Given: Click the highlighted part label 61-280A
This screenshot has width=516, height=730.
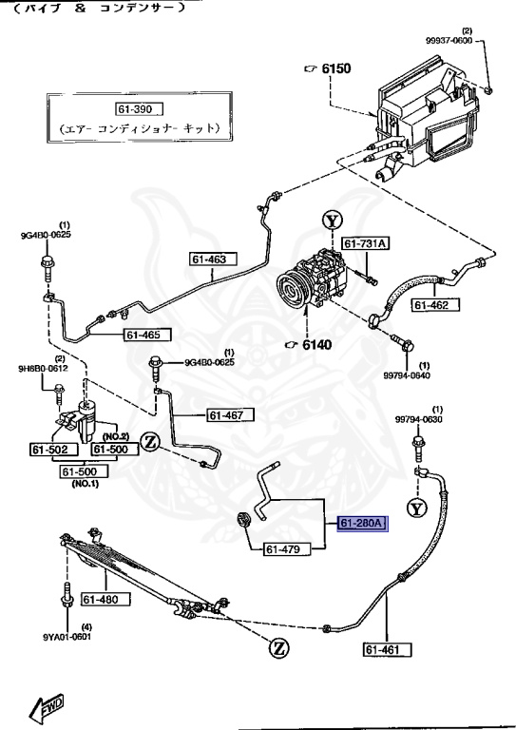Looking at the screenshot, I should [x=357, y=524].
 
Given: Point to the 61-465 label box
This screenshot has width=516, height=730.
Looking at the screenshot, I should [x=147, y=334].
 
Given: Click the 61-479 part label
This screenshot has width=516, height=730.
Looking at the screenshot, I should [x=283, y=548].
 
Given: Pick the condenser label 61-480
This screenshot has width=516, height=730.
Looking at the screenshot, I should [x=101, y=599].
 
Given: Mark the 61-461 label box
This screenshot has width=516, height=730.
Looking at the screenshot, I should [x=388, y=650].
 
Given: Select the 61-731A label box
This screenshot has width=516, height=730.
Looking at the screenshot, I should [x=366, y=244].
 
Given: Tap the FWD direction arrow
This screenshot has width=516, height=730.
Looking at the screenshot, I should [x=47, y=706].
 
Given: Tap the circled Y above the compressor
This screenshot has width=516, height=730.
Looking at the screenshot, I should [x=331, y=222].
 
